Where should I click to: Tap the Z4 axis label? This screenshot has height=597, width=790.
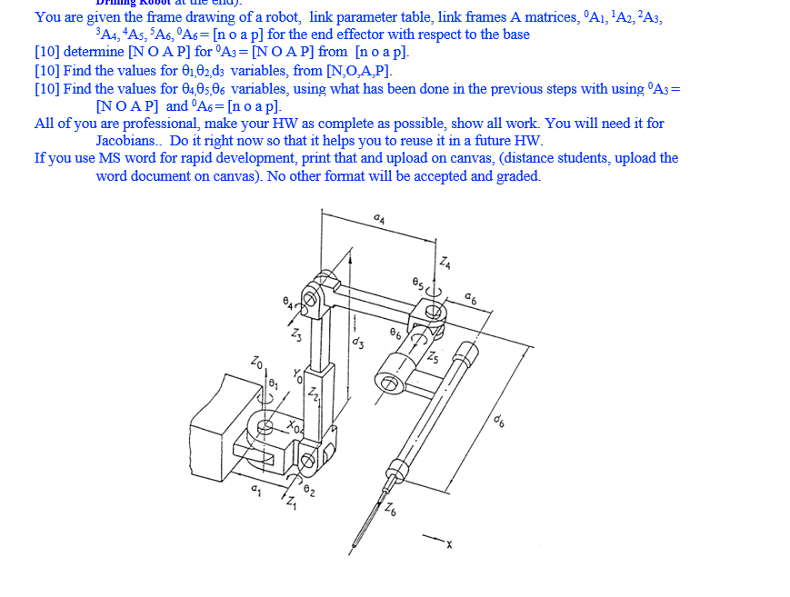click(445, 264)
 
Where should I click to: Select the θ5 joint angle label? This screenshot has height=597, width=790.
click(418, 284)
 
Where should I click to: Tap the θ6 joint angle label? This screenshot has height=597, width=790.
click(395, 333)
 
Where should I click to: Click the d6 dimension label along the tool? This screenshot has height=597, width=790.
click(500, 421)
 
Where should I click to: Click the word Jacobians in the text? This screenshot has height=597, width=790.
click(126, 141)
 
